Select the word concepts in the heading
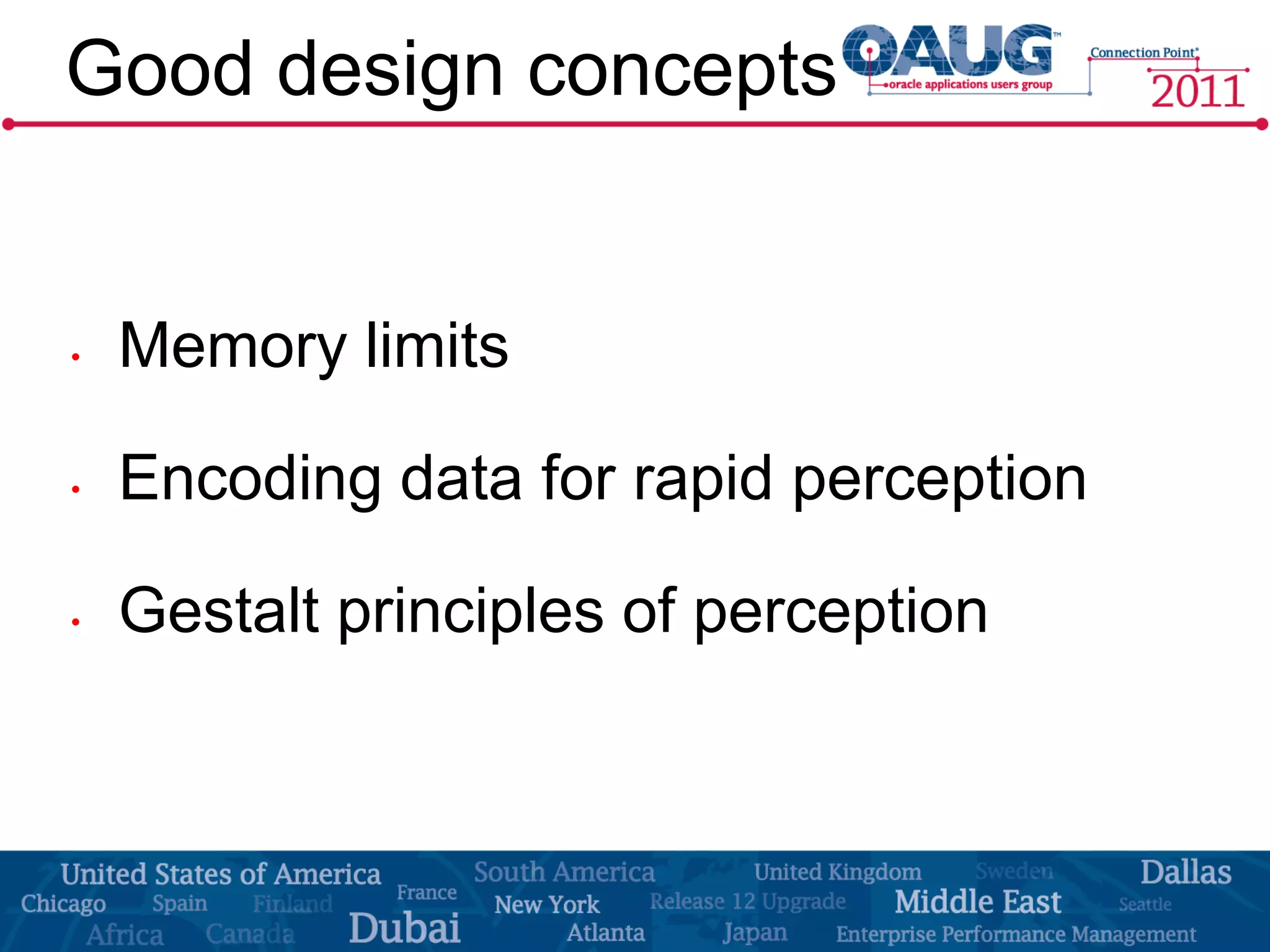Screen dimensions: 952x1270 (682, 71)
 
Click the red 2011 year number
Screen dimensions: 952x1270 (1197, 92)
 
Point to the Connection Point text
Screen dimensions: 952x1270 (1143, 53)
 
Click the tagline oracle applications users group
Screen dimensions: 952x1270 (970, 84)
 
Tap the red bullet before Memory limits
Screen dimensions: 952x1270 (76, 357)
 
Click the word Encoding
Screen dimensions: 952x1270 (250, 478)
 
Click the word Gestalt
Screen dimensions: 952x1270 (219, 612)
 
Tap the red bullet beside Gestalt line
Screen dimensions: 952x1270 (76, 622)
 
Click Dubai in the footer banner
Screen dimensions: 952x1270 (404, 928)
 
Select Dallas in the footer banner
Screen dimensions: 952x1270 (1185, 872)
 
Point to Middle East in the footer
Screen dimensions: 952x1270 (978, 902)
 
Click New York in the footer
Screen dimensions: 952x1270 (547, 905)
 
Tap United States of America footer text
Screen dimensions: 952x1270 (221, 875)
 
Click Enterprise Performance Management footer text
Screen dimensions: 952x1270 (1016, 933)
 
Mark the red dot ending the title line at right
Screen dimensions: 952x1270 (1261, 125)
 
